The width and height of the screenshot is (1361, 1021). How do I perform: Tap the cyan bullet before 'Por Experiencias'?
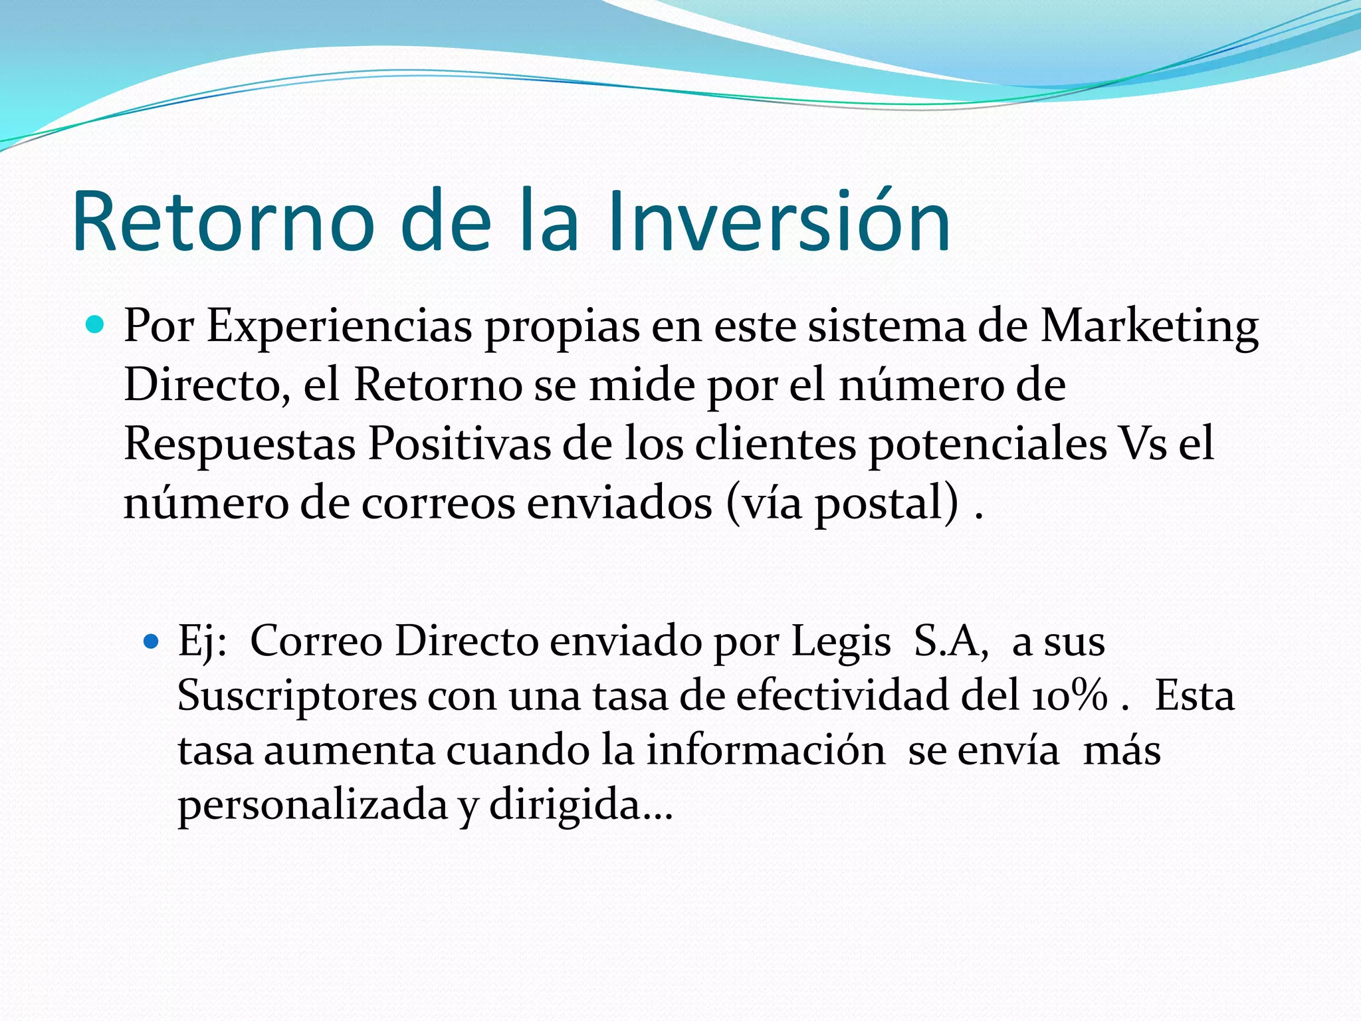tap(96, 325)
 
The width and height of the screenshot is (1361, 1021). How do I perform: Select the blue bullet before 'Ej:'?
tap(152, 641)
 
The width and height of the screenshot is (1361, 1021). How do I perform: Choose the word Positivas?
tap(459, 444)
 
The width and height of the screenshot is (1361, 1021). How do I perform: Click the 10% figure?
tap(1070, 696)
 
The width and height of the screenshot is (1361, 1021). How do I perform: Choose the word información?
tap(766, 750)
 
